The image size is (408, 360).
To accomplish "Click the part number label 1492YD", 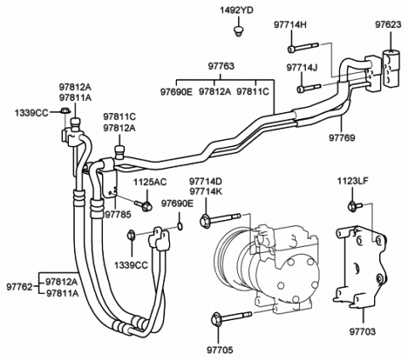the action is click(x=236, y=11).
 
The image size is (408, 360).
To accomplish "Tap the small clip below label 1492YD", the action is click(x=239, y=31).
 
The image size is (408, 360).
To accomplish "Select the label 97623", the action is click(x=388, y=25).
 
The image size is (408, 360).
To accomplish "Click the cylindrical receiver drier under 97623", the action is click(x=391, y=67).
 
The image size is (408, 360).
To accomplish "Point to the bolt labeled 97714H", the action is click(x=303, y=48).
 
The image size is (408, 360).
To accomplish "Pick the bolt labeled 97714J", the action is click(x=309, y=87).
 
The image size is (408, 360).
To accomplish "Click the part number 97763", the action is click(x=221, y=66).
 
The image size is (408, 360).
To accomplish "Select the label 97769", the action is click(x=342, y=138).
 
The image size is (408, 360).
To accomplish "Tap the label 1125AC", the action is click(x=150, y=183).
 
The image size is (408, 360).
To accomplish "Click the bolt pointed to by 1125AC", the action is click(x=144, y=205).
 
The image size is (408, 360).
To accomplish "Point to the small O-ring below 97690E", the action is click(x=180, y=226).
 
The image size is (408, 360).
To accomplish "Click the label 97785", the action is click(x=118, y=215).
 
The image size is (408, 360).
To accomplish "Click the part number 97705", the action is click(x=219, y=350).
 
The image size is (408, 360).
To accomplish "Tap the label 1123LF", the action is click(x=353, y=181).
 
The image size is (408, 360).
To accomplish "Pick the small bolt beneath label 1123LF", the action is click(x=354, y=205).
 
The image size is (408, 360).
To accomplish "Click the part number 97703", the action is click(x=362, y=331).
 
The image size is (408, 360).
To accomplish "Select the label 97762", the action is click(x=20, y=287).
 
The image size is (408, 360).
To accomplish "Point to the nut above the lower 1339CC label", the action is click(x=131, y=235).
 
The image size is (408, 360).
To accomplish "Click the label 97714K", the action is click(x=206, y=192).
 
